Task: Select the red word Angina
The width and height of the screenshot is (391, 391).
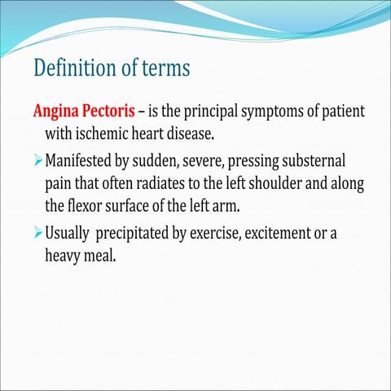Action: point(55,110)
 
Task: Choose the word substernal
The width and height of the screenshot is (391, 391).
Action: point(323,156)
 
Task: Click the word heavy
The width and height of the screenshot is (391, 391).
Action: point(65,256)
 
